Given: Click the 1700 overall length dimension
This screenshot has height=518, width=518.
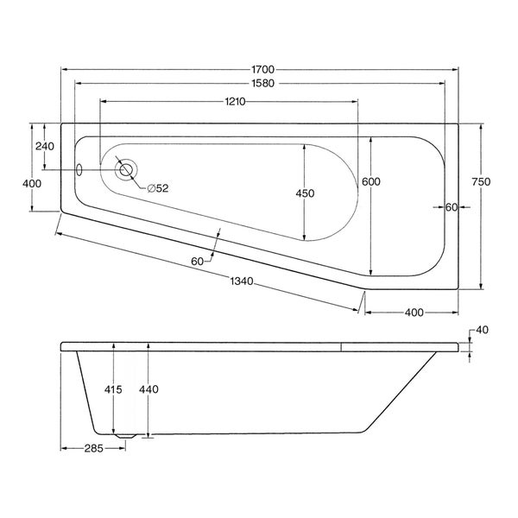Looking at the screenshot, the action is [x=262, y=69].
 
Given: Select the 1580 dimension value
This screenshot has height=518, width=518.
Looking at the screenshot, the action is [x=262, y=83].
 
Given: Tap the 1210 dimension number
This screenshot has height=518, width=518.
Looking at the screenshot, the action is [x=235, y=101].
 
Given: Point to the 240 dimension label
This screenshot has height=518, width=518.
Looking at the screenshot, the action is [x=45, y=146].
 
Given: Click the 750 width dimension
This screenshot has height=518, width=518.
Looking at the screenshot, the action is [x=481, y=181].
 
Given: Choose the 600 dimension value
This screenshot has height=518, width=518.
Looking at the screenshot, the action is [x=371, y=181].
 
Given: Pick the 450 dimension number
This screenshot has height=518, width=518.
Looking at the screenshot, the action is [x=305, y=193].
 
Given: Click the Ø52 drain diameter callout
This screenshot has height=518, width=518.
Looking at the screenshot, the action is [x=158, y=188].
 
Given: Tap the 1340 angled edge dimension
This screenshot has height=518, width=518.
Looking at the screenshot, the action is [x=242, y=281].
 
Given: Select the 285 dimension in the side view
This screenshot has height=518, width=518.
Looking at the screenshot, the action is [x=94, y=448].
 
